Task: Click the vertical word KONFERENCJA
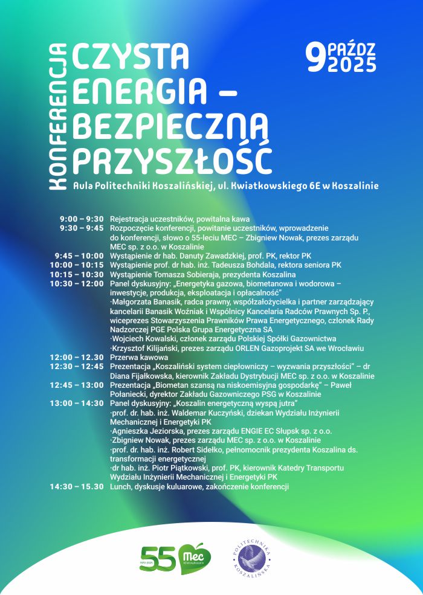pos(58,117)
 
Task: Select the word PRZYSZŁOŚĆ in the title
pos(172,159)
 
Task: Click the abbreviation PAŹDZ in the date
pos(352,49)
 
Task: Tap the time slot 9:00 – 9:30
pos(82,219)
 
